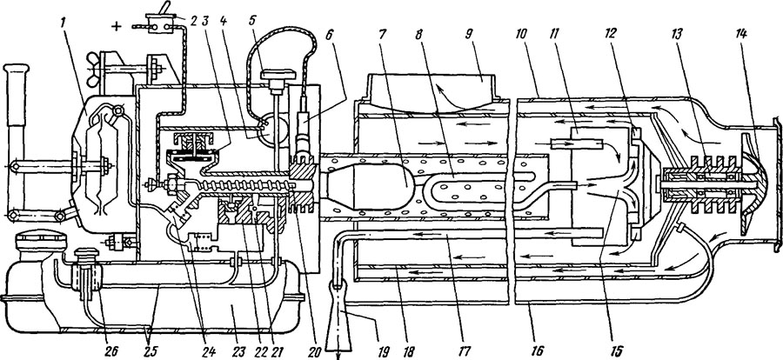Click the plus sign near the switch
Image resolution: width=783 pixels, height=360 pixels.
click(x=117, y=26)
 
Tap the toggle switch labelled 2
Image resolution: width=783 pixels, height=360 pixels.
click(x=159, y=20)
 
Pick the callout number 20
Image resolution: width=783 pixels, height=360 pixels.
click(x=314, y=350)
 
